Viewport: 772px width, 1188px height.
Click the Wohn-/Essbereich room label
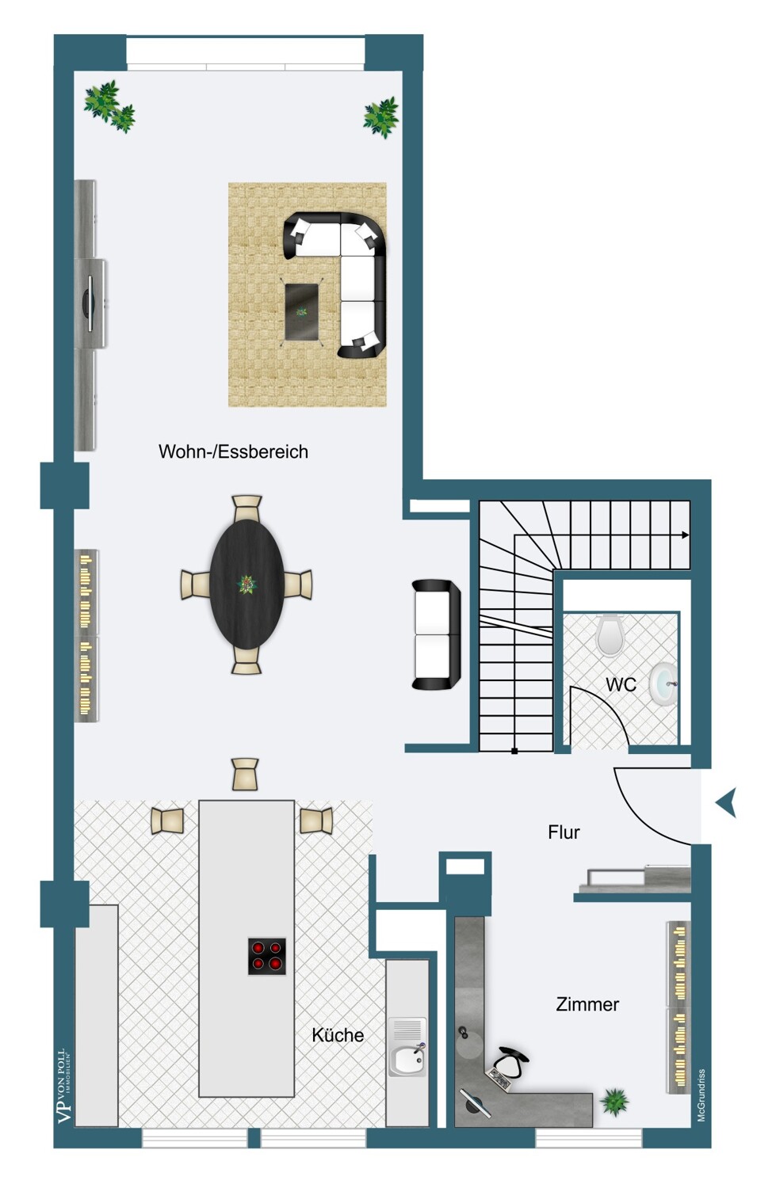tap(233, 451)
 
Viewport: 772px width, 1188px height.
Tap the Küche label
tap(338, 1034)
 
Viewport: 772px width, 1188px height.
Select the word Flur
tap(564, 832)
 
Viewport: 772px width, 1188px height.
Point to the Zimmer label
tap(587, 1004)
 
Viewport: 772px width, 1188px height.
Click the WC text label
tap(621, 685)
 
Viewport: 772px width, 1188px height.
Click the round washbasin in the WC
tap(663, 685)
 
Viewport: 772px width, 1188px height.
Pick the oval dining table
tap(247, 584)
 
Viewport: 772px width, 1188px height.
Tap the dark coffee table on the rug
tap(301, 312)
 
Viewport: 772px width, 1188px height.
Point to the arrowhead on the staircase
tap(686, 535)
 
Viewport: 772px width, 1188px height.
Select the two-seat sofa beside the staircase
tap(436, 634)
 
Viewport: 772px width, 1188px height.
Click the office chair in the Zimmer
tap(510, 1060)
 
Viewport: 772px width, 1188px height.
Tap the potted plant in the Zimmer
tap(614, 1101)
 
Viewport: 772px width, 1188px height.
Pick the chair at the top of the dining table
tap(247, 508)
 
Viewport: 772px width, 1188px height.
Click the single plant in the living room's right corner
tap(381, 117)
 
